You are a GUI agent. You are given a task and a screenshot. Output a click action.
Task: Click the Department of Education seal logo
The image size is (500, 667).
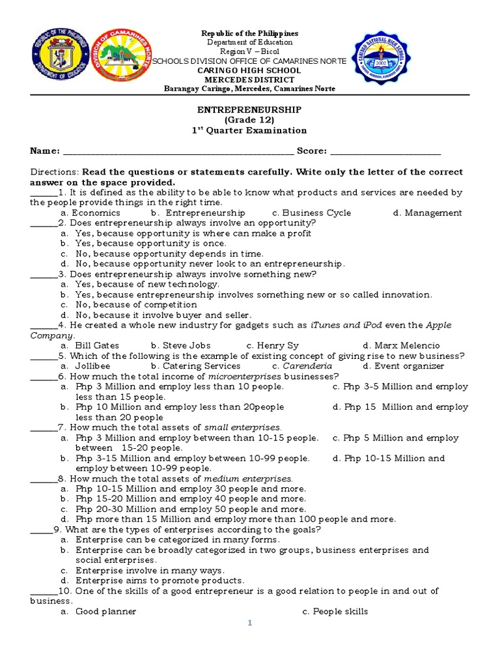coord(57,60)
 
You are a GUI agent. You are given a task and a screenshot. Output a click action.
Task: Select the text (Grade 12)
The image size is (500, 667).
coord(249,120)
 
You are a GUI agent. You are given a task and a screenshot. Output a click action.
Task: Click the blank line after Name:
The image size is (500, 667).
coord(178,152)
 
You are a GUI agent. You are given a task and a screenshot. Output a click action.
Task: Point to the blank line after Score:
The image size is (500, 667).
coord(385,152)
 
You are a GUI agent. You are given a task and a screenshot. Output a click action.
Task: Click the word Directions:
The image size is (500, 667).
coord(55,172)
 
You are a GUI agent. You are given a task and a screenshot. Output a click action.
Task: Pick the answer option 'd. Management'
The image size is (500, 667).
coord(427,213)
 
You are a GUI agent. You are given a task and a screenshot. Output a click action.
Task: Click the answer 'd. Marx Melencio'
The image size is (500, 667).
coord(401,345)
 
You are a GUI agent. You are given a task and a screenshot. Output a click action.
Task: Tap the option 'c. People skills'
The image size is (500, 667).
coord(335,612)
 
